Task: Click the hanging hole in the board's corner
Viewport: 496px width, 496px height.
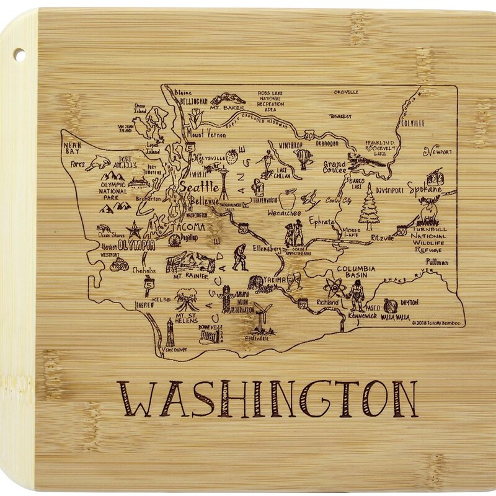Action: pos(19,54)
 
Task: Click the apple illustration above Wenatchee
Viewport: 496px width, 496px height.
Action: pos(287,200)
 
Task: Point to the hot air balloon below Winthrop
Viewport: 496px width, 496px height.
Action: pos(303,159)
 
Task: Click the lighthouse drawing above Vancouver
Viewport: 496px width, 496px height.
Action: pos(170,332)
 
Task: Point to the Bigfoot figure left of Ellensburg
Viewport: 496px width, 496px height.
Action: pos(241,257)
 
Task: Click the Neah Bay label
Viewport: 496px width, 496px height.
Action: pos(74,147)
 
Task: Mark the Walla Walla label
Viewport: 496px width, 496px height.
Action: pos(394,317)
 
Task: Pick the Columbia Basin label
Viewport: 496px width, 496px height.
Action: pos(356,272)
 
